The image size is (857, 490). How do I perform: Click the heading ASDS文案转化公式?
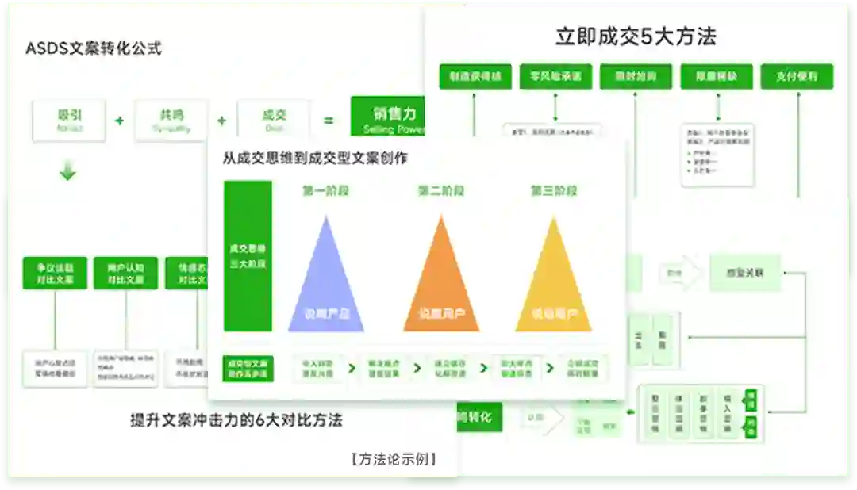coord(94,48)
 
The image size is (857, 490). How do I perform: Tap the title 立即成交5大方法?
coord(636,36)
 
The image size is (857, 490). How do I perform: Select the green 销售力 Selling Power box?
coord(389,119)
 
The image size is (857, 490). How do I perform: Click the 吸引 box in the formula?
coord(69,120)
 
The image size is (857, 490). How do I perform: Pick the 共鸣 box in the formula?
coord(171,120)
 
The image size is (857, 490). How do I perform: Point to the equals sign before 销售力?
coord(328,121)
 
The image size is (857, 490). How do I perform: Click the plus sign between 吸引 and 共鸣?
coord(120,121)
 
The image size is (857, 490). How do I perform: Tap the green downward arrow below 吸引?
coord(68,170)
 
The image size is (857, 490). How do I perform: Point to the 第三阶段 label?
coord(554,191)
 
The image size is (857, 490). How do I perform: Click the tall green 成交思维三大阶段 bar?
coord(248,255)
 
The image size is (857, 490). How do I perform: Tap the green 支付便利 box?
coord(797,76)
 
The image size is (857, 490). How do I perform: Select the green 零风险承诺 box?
coord(555,76)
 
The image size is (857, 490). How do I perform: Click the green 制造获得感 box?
coord(475,76)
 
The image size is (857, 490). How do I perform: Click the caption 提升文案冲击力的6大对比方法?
coord(236,420)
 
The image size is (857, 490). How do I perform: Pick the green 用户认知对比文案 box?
coord(125,273)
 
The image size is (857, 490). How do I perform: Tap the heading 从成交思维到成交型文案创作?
coord(315,159)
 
